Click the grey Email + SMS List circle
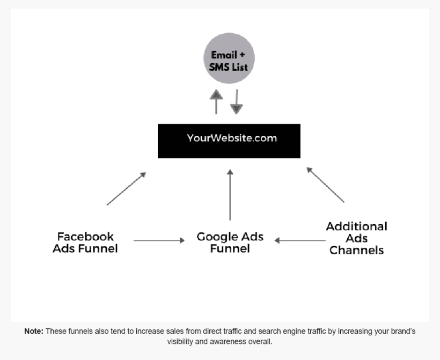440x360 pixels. click(229, 58)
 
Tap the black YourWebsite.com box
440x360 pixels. click(229, 141)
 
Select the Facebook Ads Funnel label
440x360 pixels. click(85, 243)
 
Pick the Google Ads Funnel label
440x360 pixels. click(230, 243)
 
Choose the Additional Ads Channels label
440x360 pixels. click(357, 238)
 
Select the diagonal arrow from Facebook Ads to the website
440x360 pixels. click(126, 188)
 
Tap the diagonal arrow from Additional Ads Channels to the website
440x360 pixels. click(325, 185)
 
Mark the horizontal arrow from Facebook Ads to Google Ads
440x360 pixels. click(159, 240)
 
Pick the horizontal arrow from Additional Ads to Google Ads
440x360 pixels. click(299, 240)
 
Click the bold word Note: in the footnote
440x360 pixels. click(34, 331)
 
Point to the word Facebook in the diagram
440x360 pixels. click(85, 237)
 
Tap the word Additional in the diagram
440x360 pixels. click(357, 226)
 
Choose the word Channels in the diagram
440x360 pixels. click(357, 250)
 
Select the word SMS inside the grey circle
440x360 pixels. click(217, 68)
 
